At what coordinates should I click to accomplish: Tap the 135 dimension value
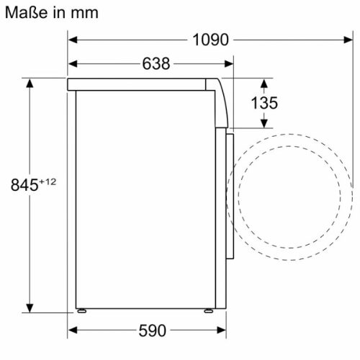[x=264, y=103]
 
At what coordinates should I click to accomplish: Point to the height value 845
[x=24, y=185]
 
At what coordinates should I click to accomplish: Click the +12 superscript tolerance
[x=47, y=181]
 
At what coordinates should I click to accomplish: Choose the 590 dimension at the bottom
[x=152, y=331]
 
